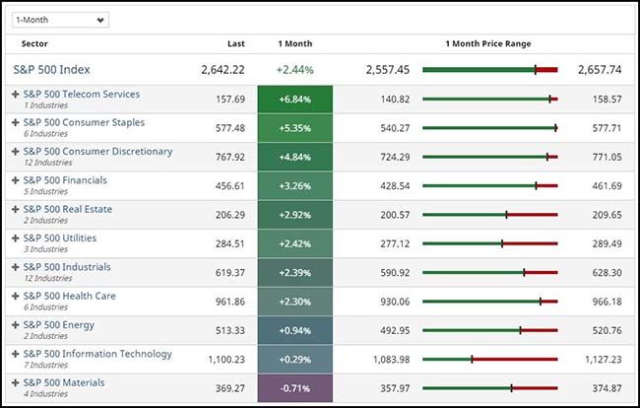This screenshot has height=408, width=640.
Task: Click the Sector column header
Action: pyautogui.click(x=34, y=44)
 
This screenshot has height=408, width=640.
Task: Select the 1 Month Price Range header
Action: pyautogui.click(x=488, y=44)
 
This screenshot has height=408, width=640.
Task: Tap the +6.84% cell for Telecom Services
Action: pyautogui.click(x=294, y=100)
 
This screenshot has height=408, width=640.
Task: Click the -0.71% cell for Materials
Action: pyautogui.click(x=294, y=388)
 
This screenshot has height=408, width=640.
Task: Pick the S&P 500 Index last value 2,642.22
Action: pyautogui.click(x=223, y=70)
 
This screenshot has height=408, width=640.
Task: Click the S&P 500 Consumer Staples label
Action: pyautogui.click(x=84, y=123)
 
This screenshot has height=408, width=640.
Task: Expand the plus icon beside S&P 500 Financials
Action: pyautogui.click(x=15, y=180)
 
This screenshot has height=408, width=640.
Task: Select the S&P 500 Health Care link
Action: pyautogui.click(x=69, y=296)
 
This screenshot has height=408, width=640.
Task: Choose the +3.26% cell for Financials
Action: pyautogui.click(x=294, y=186)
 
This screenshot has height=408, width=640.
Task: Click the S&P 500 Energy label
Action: pyautogui.click(x=59, y=324)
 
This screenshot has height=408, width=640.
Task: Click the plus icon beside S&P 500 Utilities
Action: pyautogui.click(x=15, y=238)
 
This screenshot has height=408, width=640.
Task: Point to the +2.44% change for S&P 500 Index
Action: pyautogui.click(x=294, y=70)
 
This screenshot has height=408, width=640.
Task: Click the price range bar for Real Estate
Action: pyautogui.click(x=489, y=215)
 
